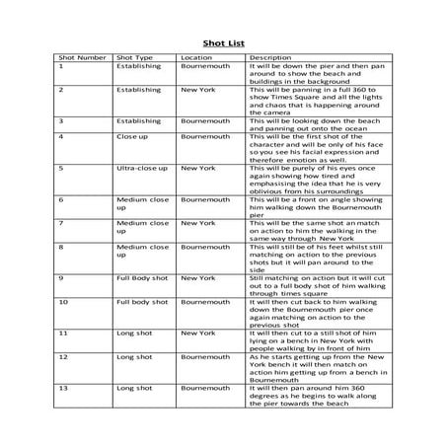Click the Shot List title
pos(223,43)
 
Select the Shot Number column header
pos(83,58)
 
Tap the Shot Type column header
pos(135,58)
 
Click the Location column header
pos(197,58)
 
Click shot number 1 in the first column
pos(62,67)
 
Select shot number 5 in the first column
pos(62,169)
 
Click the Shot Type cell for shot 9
pos(141,279)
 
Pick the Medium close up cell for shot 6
pos(143,202)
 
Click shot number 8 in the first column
pos(62,248)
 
